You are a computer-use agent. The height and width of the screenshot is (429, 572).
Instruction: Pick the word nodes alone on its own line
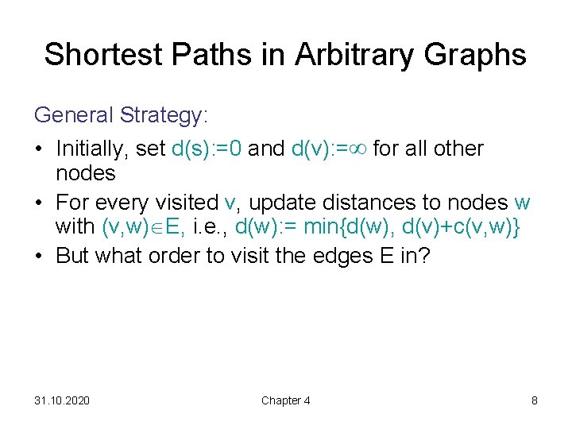tap(85, 173)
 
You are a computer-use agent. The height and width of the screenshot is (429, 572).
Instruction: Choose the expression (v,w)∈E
tap(142, 227)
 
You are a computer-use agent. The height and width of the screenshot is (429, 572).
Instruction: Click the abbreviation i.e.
tap(209, 227)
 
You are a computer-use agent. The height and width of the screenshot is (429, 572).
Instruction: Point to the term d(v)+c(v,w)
tap(456, 227)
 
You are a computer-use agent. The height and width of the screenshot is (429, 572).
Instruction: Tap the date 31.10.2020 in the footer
tap(62, 400)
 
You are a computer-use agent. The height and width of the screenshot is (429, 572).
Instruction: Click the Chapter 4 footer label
tap(285, 400)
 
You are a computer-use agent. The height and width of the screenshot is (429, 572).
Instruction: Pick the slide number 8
tap(535, 400)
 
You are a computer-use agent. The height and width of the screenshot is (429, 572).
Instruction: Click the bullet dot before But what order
tap(39, 258)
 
